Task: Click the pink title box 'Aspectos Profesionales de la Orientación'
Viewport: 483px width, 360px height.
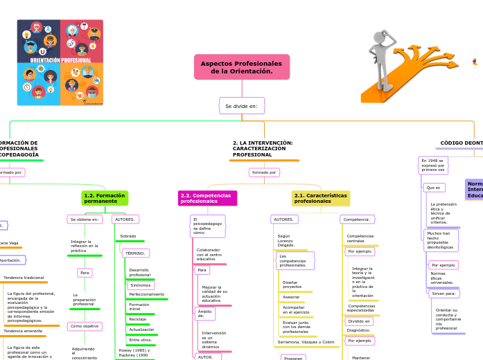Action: [242, 67]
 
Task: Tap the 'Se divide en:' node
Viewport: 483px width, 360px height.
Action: [241, 106]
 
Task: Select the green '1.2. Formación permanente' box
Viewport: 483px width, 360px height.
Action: [105, 198]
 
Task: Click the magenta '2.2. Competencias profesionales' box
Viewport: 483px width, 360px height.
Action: [207, 198]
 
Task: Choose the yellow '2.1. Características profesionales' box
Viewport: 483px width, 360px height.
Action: [320, 198]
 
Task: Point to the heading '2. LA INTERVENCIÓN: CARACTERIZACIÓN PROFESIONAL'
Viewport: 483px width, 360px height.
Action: [263, 148]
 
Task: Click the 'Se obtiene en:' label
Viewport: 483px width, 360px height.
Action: [86, 219]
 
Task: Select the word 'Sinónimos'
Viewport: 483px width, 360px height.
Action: [141, 285]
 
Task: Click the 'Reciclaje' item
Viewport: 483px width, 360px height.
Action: [138, 318]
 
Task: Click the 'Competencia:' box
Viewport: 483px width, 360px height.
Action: [357, 219]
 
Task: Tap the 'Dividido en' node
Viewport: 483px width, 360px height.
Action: [359, 321]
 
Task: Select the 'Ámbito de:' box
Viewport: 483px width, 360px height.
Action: [205, 313]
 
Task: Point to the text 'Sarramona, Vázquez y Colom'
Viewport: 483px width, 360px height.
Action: [306, 341]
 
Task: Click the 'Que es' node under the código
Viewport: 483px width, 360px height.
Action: [434, 188]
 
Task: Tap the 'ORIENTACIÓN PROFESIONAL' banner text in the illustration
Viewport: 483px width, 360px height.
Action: [60, 60]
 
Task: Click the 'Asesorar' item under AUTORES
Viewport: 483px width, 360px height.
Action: [291, 296]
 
